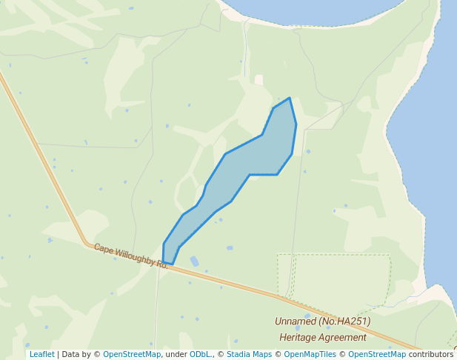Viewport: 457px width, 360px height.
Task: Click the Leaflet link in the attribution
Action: (41, 355)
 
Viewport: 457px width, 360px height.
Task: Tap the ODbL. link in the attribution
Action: (201, 355)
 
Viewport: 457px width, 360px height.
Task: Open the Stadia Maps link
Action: (249, 355)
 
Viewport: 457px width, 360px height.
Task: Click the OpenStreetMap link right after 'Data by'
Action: (132, 355)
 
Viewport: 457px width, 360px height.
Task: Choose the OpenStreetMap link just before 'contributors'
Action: (377, 355)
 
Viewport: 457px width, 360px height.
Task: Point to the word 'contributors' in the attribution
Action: (430, 355)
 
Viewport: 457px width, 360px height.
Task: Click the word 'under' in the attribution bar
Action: (176, 355)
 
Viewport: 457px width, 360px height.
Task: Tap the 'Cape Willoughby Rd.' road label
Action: (131, 256)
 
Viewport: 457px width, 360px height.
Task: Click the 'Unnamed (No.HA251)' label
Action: (322, 321)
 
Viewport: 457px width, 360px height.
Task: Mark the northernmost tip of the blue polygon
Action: (289, 99)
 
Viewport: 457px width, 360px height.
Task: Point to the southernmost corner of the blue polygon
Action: (172, 264)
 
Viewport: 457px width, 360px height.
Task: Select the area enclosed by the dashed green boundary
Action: (337, 280)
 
